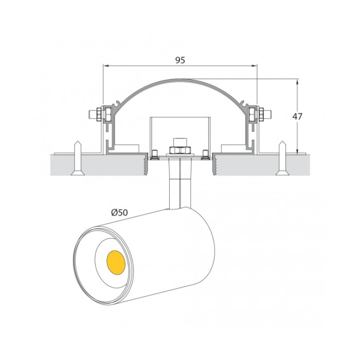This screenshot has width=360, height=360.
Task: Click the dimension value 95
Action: click(180, 60)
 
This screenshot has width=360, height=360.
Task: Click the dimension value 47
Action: click(297, 117)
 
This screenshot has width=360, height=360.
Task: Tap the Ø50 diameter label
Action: click(120, 212)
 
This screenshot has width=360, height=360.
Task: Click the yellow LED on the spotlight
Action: click(116, 262)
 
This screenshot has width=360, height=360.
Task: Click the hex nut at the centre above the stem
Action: click(180, 150)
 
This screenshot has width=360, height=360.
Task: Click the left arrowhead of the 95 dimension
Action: click(105, 66)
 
